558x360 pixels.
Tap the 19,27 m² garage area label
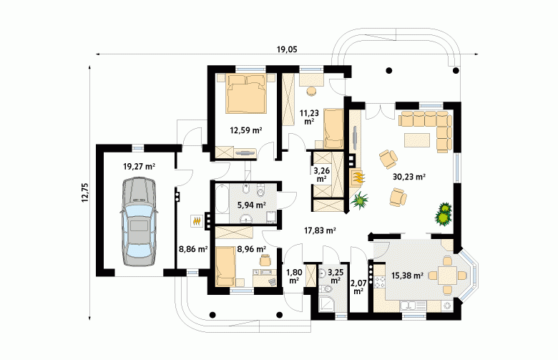(139, 166)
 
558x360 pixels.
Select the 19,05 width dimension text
(287, 49)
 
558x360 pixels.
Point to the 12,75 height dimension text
(84, 193)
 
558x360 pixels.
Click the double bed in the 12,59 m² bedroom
(246, 94)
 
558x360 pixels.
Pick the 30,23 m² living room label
(409, 176)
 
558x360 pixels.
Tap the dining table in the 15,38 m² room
(446, 276)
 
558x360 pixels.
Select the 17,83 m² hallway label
(320, 230)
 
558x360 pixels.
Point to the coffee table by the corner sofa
(418, 140)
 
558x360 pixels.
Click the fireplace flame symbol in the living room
(358, 177)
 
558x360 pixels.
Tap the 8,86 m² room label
(193, 249)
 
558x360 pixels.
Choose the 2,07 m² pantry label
(358, 287)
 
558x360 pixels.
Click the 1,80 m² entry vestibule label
(294, 277)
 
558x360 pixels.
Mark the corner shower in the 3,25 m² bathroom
(325, 304)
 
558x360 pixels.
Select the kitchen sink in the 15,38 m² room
(413, 306)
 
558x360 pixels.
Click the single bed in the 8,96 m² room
(225, 267)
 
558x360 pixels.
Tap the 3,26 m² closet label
(321, 175)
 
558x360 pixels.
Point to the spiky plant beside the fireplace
(359, 200)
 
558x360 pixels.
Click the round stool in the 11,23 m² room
(312, 92)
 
